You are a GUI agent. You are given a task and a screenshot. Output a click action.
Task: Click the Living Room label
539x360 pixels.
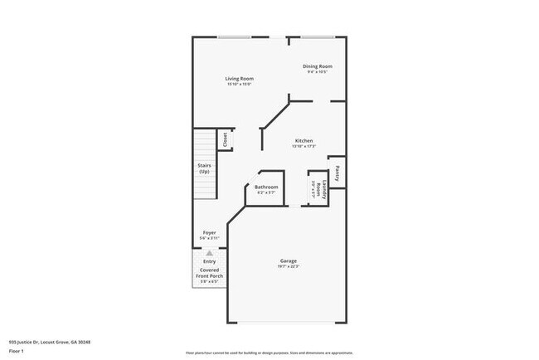[239, 79]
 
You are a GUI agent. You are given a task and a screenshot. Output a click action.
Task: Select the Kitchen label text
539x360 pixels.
[304, 141]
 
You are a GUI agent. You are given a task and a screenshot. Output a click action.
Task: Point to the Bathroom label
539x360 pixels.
[266, 187]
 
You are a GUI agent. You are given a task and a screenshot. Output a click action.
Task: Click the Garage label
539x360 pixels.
[288, 260]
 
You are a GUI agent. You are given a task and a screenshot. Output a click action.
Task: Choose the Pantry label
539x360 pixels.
[337, 173]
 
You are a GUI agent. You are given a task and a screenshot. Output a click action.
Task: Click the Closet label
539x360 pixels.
[225, 140]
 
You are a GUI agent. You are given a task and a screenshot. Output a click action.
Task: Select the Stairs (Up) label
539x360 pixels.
[204, 168]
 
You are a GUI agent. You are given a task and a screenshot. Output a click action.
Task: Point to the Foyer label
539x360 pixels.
[210, 232]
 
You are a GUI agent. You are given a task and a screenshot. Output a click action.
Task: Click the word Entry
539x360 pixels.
[210, 262]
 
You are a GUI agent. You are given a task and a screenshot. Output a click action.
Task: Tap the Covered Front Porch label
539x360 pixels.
[210, 272]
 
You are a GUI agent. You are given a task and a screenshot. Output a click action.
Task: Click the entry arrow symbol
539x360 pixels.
[210, 253]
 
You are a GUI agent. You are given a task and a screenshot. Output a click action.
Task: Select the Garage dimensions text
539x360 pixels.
[288, 266]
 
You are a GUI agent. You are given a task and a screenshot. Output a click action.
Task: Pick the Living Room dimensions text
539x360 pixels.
[239, 85]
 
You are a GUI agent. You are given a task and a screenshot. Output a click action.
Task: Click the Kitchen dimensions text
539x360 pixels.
[304, 147]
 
